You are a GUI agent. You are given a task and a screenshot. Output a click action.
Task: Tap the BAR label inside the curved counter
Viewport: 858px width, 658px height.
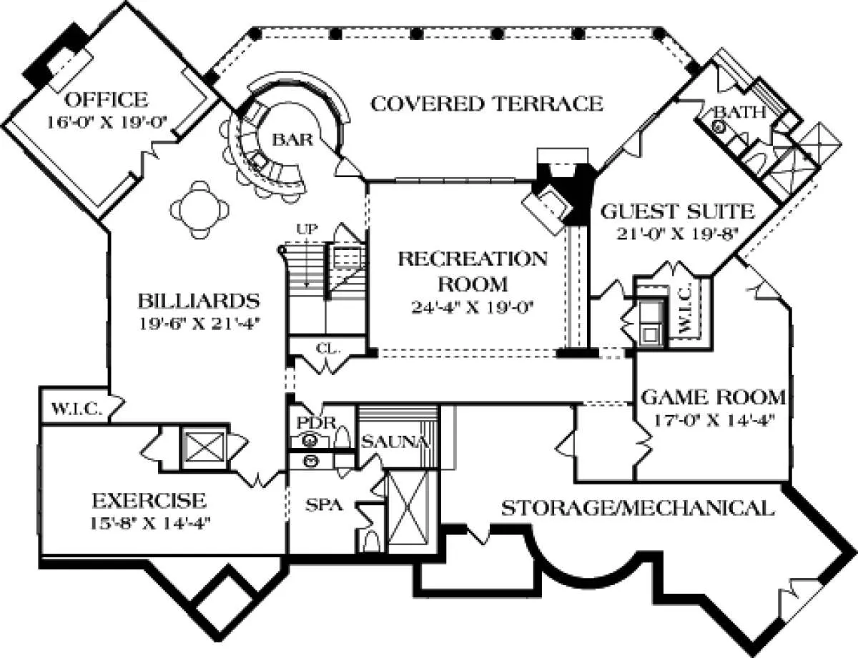pyautogui.click(x=292, y=140)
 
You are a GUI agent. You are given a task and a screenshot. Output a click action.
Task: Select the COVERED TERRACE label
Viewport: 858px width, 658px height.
pyautogui.click(x=487, y=104)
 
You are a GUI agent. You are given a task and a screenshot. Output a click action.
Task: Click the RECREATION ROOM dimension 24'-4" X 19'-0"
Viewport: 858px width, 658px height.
pyautogui.click(x=473, y=308)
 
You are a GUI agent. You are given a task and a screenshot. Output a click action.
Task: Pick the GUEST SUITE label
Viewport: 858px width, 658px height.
pyautogui.click(x=677, y=211)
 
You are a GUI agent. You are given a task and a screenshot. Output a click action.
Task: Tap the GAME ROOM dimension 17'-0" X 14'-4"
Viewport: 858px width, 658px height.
pyautogui.click(x=713, y=419)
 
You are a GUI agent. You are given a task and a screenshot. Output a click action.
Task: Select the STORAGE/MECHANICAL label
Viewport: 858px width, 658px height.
pyautogui.click(x=636, y=509)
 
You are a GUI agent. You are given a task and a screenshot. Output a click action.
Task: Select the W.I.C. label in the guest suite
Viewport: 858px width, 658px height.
pyautogui.click(x=684, y=313)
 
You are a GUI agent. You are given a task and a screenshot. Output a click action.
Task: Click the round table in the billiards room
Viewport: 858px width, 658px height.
pyautogui.click(x=203, y=210)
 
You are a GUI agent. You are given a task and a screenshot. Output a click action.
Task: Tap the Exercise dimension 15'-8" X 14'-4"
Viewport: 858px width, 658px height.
pyautogui.click(x=149, y=521)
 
